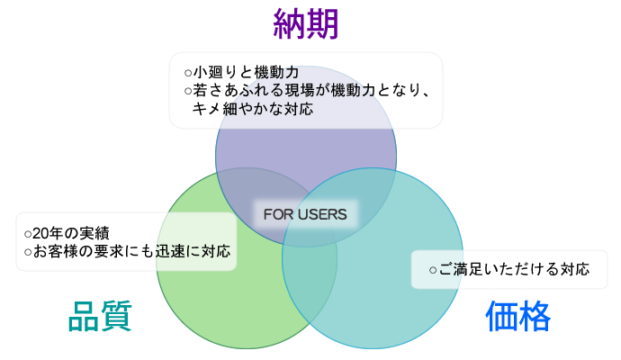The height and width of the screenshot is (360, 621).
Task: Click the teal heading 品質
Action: (x=101, y=316)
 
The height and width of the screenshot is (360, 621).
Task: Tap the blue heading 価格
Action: (x=517, y=316)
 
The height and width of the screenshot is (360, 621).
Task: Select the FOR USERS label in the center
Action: (x=305, y=214)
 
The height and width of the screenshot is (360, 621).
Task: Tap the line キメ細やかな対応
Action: (x=252, y=109)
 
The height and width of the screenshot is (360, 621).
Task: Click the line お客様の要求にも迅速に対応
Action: (x=130, y=251)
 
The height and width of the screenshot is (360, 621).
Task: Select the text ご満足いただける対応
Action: (x=514, y=269)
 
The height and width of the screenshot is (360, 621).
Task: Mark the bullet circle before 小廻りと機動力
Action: (x=188, y=72)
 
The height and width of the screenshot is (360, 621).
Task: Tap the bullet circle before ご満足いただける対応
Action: (x=433, y=270)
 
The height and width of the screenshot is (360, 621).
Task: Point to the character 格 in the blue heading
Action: (x=535, y=316)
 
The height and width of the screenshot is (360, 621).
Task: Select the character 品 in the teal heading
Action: (x=84, y=316)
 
